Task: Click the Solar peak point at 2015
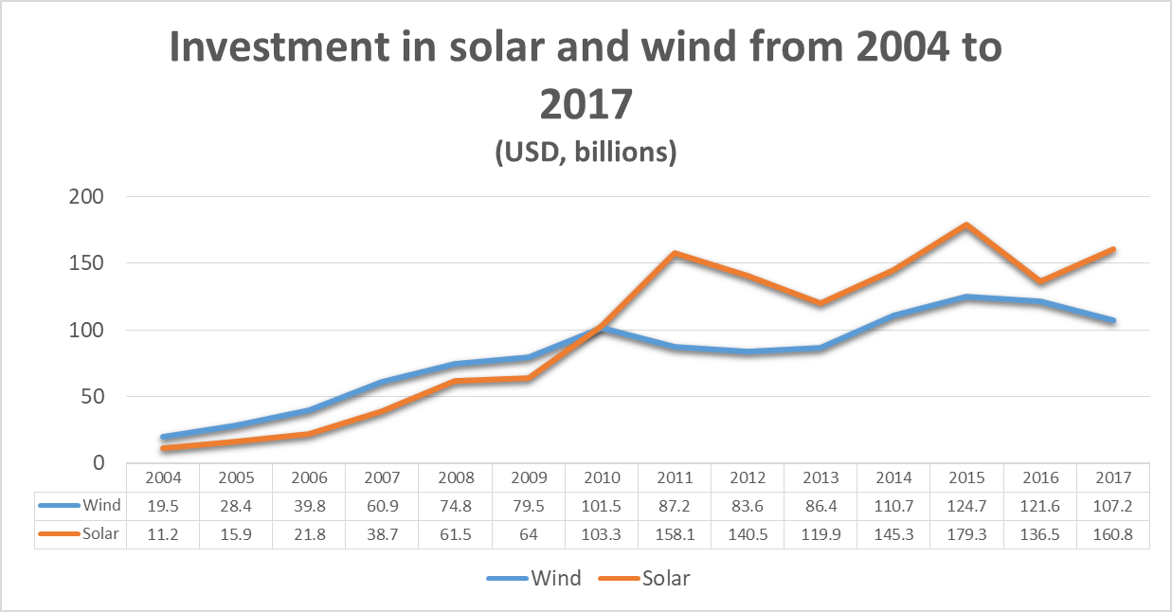pyautogui.click(x=966, y=225)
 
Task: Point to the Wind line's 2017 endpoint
pyautogui.click(x=1112, y=320)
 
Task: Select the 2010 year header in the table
pyautogui.click(x=602, y=478)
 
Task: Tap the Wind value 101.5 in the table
pyautogui.click(x=602, y=506)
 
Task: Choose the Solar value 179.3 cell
pyautogui.click(x=966, y=534)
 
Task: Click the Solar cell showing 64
pyautogui.click(x=529, y=534)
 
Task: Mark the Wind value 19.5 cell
pyautogui.click(x=165, y=506)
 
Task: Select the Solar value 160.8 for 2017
pyautogui.click(x=1112, y=534)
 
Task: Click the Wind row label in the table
pyautogui.click(x=100, y=506)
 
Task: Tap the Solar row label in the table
pyautogui.click(x=100, y=534)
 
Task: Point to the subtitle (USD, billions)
pyautogui.click(x=586, y=153)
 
